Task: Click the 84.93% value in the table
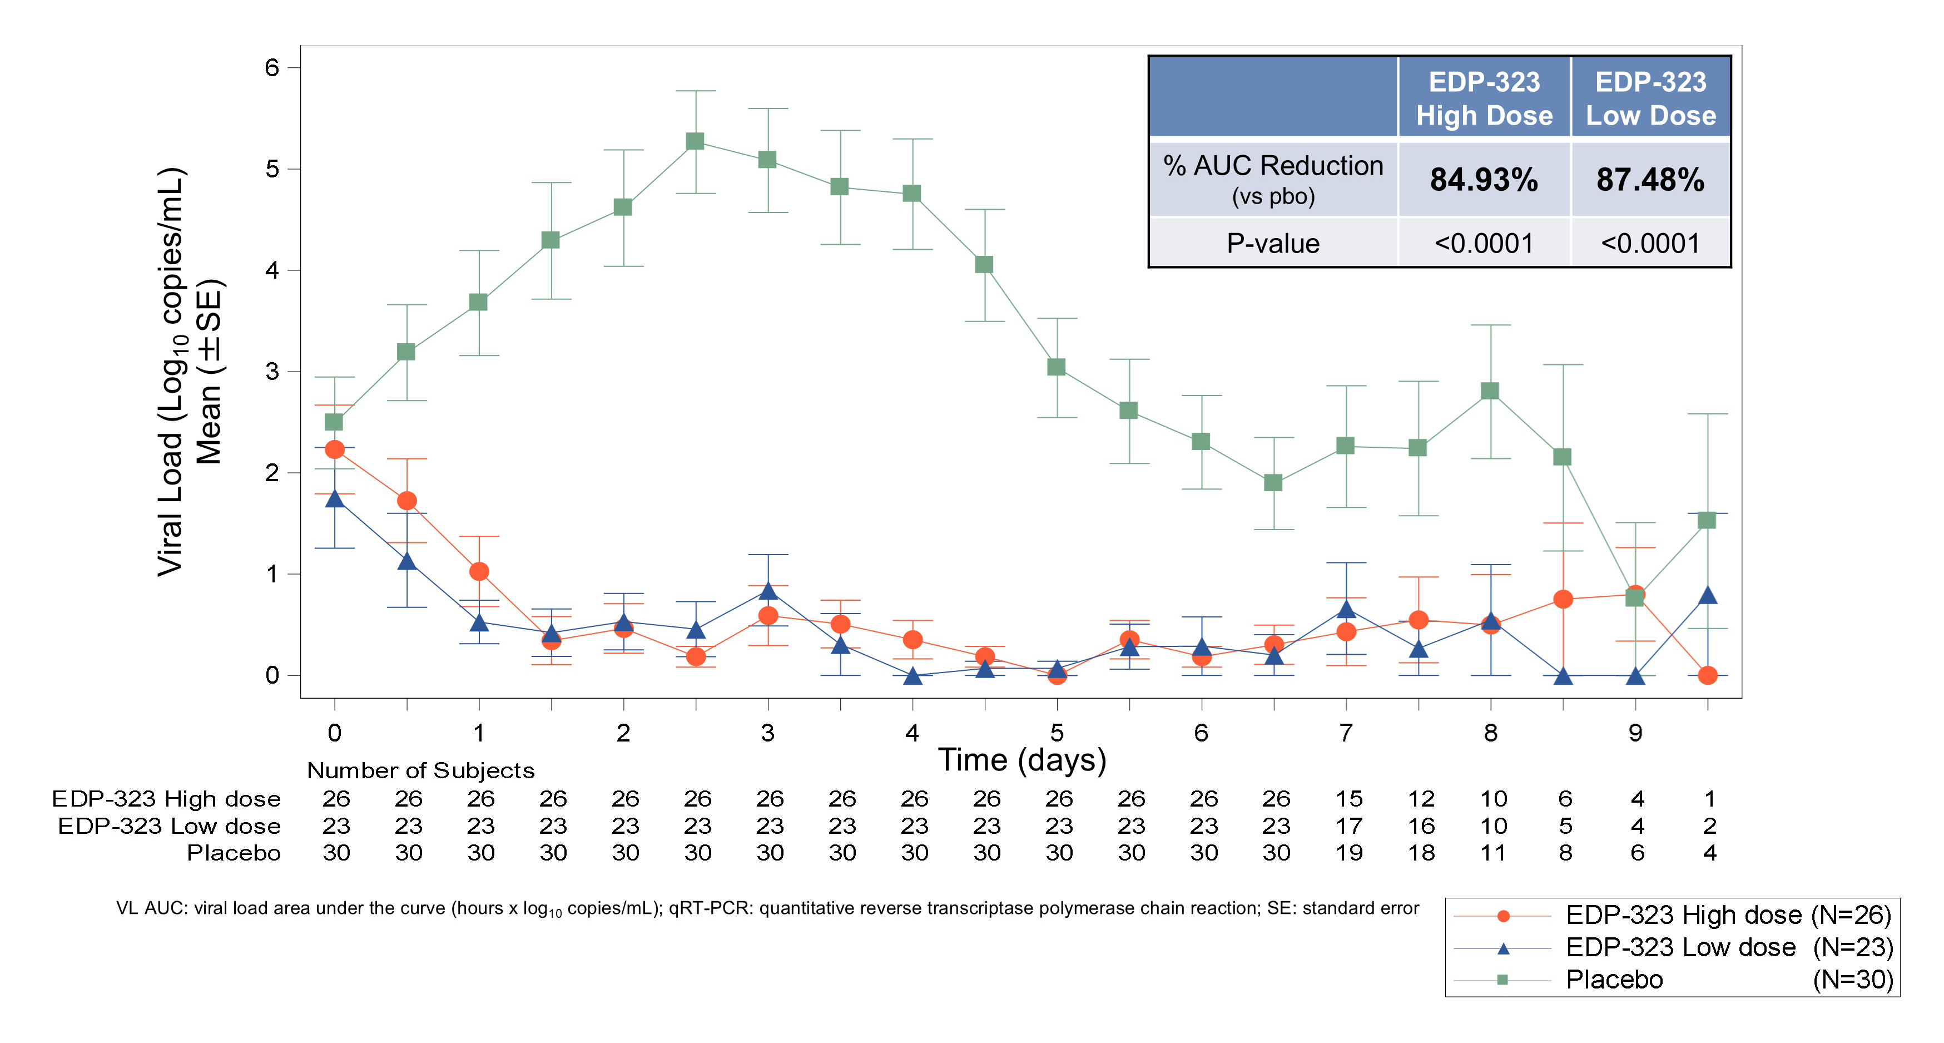(1484, 180)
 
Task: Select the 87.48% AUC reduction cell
(1650, 180)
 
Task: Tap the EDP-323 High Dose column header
(1484, 98)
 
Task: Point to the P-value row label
(1273, 243)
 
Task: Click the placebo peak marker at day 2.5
(695, 141)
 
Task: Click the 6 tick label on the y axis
(272, 68)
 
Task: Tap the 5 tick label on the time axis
(1057, 733)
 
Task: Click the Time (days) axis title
(1022, 759)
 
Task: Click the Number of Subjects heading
(420, 770)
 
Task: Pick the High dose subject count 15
(1348, 798)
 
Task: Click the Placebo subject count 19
(1348, 853)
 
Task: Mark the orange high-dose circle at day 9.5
(1707, 675)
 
